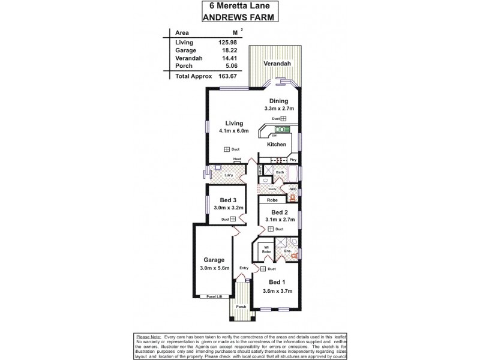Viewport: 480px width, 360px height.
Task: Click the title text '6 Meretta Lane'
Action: [239, 6]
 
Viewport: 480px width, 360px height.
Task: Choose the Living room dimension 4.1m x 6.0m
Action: [234, 131]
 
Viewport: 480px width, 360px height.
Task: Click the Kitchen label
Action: [277, 145]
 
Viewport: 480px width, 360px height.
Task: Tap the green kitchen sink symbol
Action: [281, 128]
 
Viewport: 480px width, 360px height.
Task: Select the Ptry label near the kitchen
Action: [293, 160]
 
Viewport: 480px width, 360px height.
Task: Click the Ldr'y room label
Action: [228, 175]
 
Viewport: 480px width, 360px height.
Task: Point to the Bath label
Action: [280, 172]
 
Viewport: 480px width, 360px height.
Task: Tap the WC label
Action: [293, 190]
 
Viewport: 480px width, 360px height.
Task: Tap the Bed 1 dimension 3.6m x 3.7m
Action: [277, 291]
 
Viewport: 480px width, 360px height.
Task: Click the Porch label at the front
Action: [241, 307]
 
